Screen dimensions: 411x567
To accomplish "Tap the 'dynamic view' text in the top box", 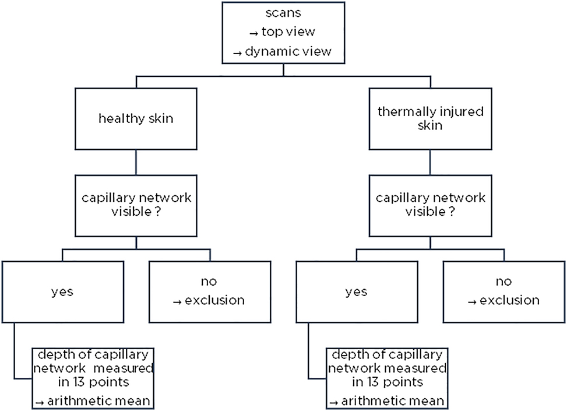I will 286,51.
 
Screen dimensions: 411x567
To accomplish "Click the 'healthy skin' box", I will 136,119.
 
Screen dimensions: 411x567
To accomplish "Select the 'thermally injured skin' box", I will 429,119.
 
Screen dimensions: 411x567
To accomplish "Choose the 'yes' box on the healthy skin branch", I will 62,291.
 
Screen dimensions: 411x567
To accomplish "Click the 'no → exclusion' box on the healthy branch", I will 209,291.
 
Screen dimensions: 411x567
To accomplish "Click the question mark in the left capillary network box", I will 158,212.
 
